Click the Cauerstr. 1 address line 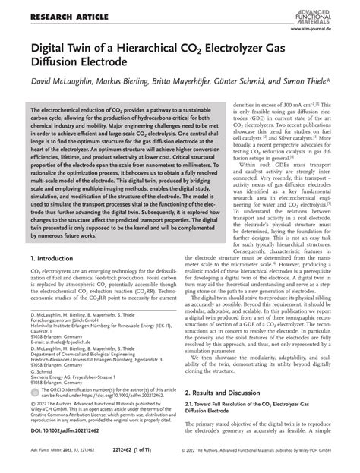(43, 330)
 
